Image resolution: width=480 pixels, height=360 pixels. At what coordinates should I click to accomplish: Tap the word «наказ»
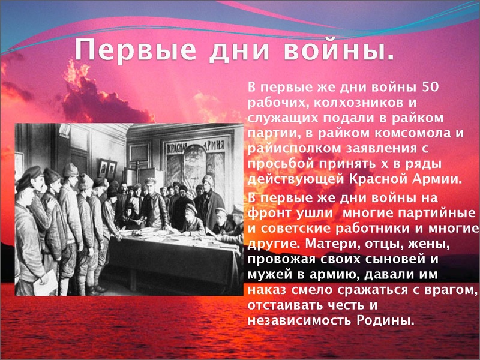coord(264,289)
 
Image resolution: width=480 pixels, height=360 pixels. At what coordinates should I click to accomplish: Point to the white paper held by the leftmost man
coord(45,281)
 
